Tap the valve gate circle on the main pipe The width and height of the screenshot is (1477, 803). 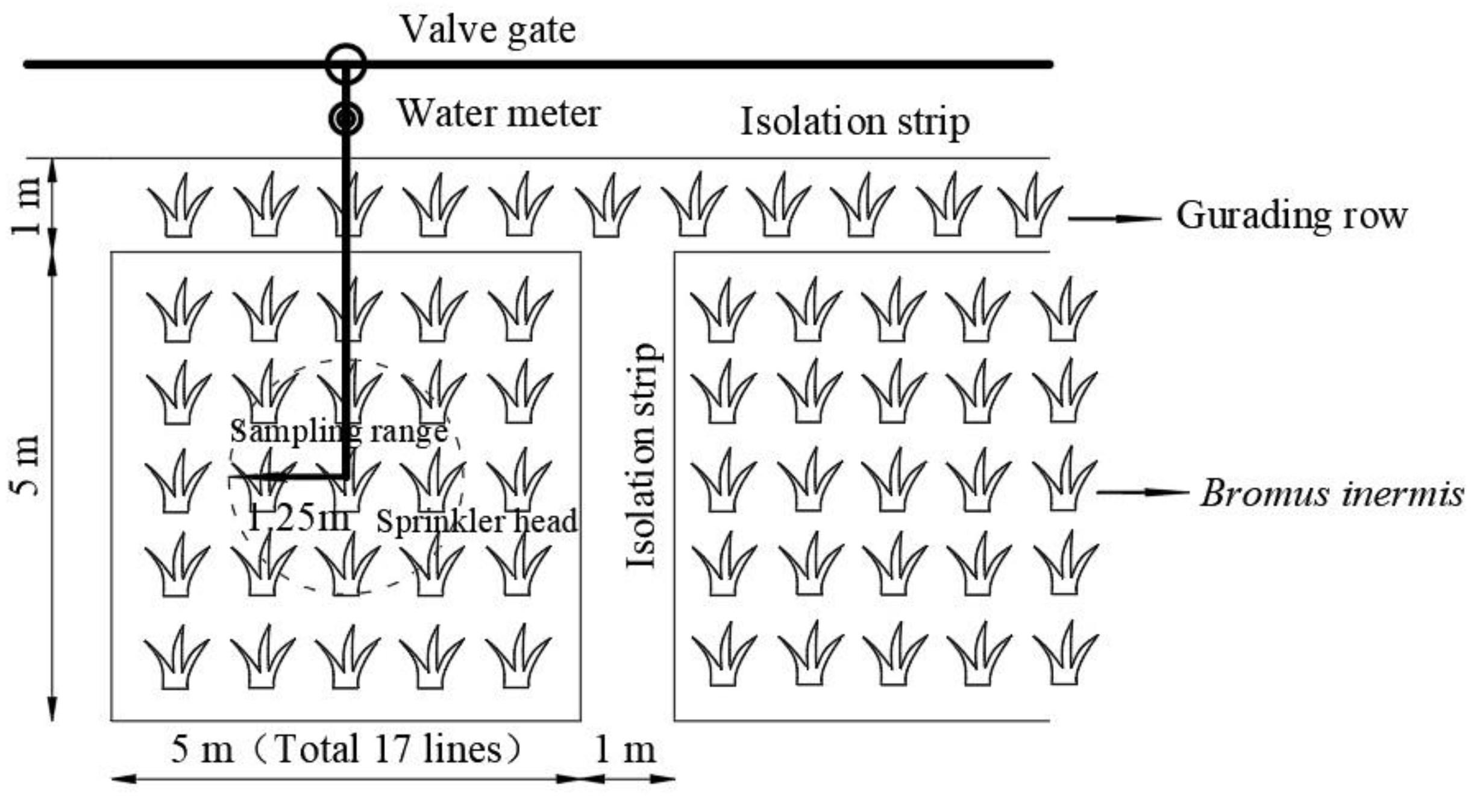346,64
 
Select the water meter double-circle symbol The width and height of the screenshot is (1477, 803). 346,119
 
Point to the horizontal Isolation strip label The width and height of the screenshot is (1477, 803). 855,122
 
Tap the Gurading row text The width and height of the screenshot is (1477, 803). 1291,216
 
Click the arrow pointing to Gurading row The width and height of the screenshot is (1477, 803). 1114,219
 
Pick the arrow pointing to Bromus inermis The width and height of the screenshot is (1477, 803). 1142,493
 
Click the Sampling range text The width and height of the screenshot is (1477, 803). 339,432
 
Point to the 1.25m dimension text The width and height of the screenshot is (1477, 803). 298,518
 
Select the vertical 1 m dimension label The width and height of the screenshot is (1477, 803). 27,206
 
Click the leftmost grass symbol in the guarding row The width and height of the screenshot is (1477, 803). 180,205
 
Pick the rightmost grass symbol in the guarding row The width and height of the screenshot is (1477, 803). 1029,205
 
